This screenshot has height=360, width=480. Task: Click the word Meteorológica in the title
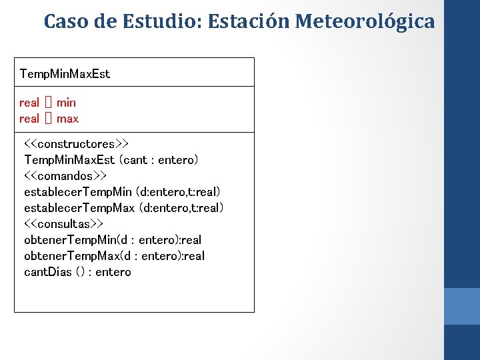[x=365, y=21]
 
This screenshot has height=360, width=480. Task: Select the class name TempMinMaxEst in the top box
[x=65, y=73]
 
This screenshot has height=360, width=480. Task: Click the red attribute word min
[x=66, y=103]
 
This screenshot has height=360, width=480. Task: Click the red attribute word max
[x=67, y=119]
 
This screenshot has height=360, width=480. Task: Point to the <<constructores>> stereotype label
[x=77, y=144]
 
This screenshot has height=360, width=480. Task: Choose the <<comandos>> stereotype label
[x=65, y=176]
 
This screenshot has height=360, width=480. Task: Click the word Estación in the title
[x=247, y=21]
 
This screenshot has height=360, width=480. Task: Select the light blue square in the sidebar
[x=461, y=306]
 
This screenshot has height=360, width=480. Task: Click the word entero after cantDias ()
[x=113, y=272]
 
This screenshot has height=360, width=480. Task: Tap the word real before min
[x=29, y=103]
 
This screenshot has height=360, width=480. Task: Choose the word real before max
[x=29, y=119]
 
